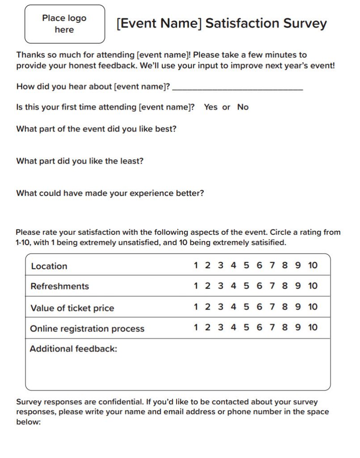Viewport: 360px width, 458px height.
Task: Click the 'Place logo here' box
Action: [x=64, y=24]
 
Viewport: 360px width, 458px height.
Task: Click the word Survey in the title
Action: [x=302, y=23]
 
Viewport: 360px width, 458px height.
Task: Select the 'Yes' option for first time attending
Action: [x=211, y=107]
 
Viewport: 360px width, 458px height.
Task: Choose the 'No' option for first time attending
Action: [x=243, y=107]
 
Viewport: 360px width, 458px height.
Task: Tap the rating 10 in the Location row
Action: [x=313, y=265]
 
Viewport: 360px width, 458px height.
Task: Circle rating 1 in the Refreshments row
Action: [x=196, y=286]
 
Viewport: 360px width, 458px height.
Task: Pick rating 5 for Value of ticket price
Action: [x=246, y=307]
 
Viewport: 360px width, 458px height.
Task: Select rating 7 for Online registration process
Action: [x=272, y=327]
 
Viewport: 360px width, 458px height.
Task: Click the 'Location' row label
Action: [x=49, y=266]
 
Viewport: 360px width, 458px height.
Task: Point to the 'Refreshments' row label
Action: [x=59, y=286]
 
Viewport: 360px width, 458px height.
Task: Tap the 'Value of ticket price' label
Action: [x=72, y=308]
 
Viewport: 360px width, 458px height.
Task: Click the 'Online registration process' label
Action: [x=87, y=329]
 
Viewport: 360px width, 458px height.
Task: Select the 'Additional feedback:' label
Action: [x=73, y=349]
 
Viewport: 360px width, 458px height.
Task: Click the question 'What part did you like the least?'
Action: [x=80, y=161]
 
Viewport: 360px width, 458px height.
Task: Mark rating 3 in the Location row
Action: [x=220, y=265]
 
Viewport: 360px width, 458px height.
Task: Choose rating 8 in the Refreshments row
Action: [x=285, y=286]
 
